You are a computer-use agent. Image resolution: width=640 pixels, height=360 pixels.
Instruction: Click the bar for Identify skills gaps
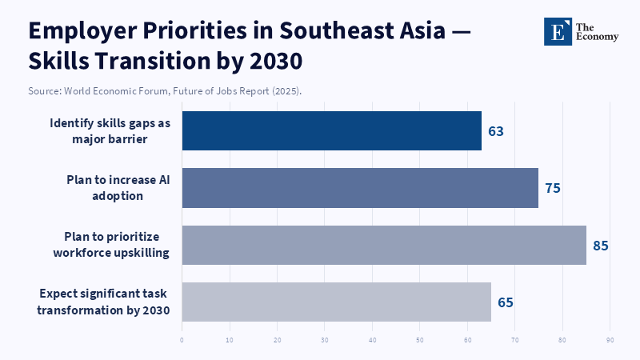(332, 130)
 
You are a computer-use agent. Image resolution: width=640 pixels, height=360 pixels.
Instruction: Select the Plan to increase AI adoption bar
(360, 188)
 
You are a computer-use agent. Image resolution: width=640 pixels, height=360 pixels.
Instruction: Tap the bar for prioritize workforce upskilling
(384, 245)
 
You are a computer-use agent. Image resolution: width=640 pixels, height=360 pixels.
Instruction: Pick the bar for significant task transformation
(336, 302)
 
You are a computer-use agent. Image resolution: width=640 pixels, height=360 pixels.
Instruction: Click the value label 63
(496, 131)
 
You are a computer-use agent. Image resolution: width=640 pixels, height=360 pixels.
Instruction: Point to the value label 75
(552, 189)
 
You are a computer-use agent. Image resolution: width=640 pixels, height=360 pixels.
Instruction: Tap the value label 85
(601, 246)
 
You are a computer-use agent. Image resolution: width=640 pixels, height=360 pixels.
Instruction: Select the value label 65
(505, 302)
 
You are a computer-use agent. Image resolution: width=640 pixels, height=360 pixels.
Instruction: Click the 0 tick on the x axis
(182, 340)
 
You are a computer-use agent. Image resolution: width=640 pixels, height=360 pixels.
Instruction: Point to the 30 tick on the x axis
(325, 340)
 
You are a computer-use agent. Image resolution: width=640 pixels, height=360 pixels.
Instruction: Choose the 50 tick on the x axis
(420, 340)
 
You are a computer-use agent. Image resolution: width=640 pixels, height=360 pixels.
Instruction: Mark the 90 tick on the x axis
(610, 340)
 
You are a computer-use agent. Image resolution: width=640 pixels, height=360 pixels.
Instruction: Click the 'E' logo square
(558, 30)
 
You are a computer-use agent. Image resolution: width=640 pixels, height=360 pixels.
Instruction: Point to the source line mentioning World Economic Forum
(165, 91)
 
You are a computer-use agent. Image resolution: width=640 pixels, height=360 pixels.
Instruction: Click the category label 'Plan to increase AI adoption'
(118, 188)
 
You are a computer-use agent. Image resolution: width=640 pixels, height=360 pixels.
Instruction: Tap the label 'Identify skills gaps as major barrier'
(110, 130)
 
